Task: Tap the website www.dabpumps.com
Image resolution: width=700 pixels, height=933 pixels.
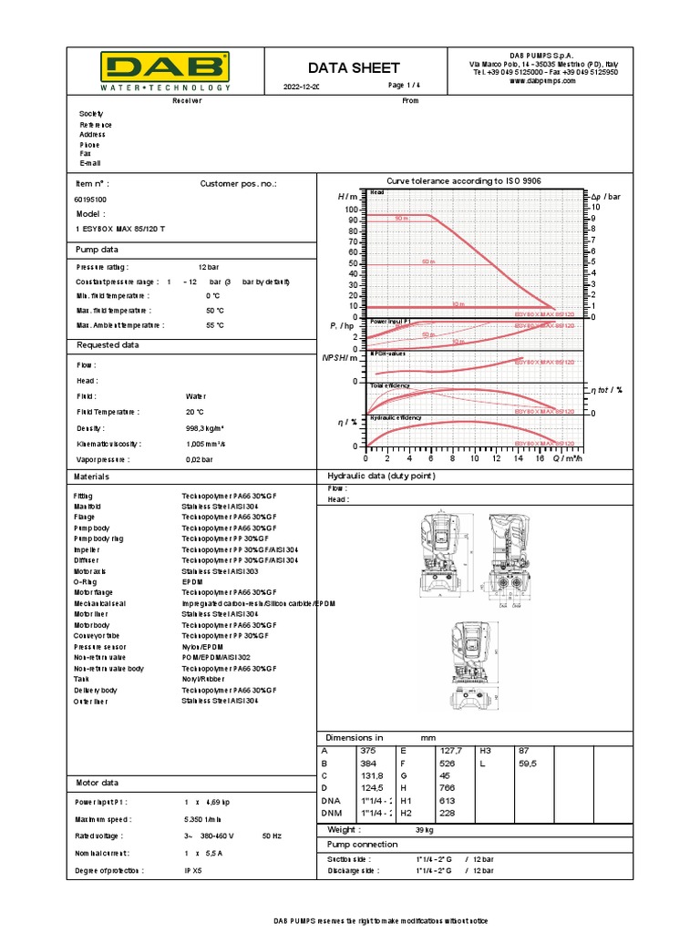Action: pyautogui.click(x=543, y=80)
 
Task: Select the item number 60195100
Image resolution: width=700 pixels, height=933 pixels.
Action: pyautogui.click(x=89, y=199)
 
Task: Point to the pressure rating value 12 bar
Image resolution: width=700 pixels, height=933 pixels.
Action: pyautogui.click(x=210, y=267)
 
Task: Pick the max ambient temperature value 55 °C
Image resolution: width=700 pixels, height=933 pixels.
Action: pyautogui.click(x=215, y=324)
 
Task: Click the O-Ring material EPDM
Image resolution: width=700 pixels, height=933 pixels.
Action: pyautogui.click(x=191, y=580)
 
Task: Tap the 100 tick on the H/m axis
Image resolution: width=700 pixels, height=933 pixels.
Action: pyautogui.click(x=351, y=210)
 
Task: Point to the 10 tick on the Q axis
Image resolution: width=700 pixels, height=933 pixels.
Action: pyautogui.click(x=474, y=458)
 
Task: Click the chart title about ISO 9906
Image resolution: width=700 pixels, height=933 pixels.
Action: pyautogui.click(x=464, y=181)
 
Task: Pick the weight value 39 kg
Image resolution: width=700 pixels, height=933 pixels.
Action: pyautogui.click(x=425, y=830)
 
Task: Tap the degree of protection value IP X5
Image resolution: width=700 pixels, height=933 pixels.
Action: pyautogui.click(x=193, y=871)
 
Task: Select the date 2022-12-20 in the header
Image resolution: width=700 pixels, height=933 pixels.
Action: pyautogui.click(x=302, y=87)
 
